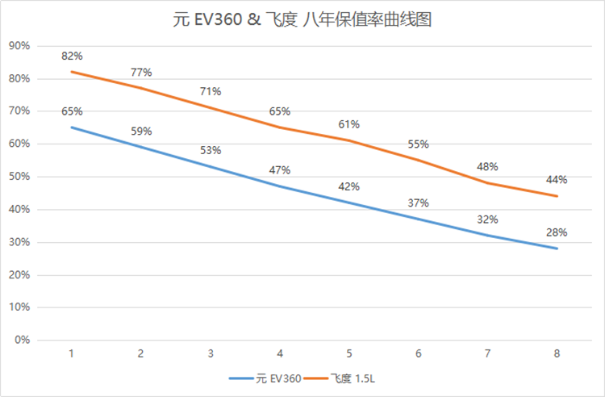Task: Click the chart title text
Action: [x=302, y=20]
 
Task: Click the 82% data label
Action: [x=72, y=56]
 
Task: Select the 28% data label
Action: [x=557, y=232]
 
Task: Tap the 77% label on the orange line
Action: [x=141, y=73]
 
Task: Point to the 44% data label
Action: [x=557, y=179]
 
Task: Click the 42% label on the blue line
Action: [x=349, y=186]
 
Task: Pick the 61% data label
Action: [x=349, y=124]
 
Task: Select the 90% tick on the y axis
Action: [x=19, y=46]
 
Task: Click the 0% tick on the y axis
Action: [x=22, y=340]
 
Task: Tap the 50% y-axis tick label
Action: [x=19, y=177]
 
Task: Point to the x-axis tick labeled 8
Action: [x=557, y=353]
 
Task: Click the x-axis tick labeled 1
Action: [x=72, y=353]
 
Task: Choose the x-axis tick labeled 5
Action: [x=349, y=353]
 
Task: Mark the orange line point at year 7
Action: [x=487, y=183]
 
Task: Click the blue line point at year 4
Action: [x=280, y=186]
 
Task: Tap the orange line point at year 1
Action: [x=72, y=72]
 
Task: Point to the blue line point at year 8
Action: [x=557, y=249]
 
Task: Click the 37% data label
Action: [x=418, y=203]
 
